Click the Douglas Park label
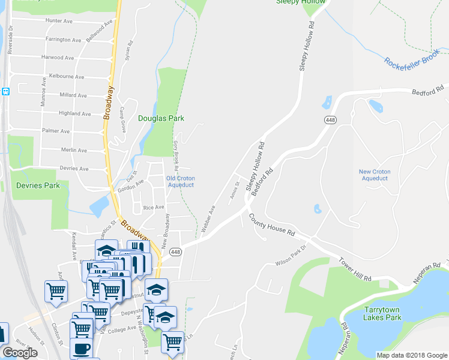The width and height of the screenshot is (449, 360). [x=161, y=118]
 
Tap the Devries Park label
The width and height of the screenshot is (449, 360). [x=38, y=185]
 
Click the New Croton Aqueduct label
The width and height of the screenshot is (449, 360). [x=375, y=175]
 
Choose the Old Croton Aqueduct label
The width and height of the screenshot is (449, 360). [x=180, y=181]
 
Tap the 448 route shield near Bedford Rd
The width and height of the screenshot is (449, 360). [x=330, y=120]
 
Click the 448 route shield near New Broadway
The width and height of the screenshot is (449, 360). [x=175, y=251]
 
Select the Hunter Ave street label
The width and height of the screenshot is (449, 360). [x=58, y=20]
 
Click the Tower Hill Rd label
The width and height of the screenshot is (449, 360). [x=355, y=269]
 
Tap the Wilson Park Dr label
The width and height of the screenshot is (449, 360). [x=291, y=256]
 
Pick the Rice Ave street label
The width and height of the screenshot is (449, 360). [x=154, y=207]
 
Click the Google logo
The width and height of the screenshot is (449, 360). [x=20, y=353]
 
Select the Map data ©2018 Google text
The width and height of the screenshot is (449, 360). [x=412, y=355]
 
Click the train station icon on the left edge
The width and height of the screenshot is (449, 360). [x=5, y=92]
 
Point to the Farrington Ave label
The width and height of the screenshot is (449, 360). [x=62, y=39]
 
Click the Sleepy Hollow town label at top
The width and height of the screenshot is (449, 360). [x=300, y=2]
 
